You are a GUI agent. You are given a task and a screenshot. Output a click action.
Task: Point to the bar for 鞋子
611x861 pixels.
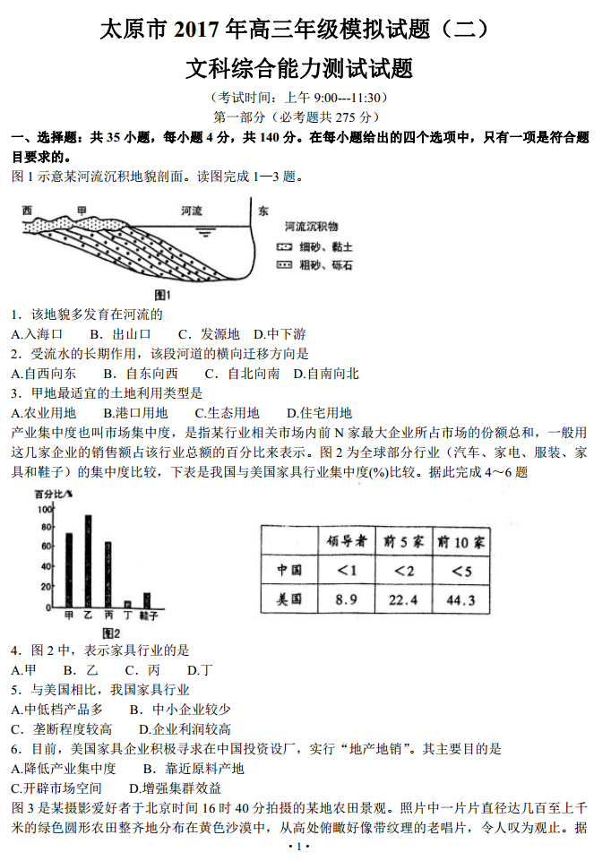[x=147, y=600]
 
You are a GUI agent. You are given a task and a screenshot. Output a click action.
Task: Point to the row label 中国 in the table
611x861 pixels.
[x=289, y=570]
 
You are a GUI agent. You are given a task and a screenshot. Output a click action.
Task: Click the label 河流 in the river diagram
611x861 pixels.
[x=192, y=211]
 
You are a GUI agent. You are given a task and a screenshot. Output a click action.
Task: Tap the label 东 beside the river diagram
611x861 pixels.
[x=262, y=211]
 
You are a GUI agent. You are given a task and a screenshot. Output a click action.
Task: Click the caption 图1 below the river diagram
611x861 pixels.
[x=162, y=294]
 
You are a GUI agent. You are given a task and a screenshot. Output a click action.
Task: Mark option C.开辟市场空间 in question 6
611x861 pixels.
[x=56, y=788]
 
